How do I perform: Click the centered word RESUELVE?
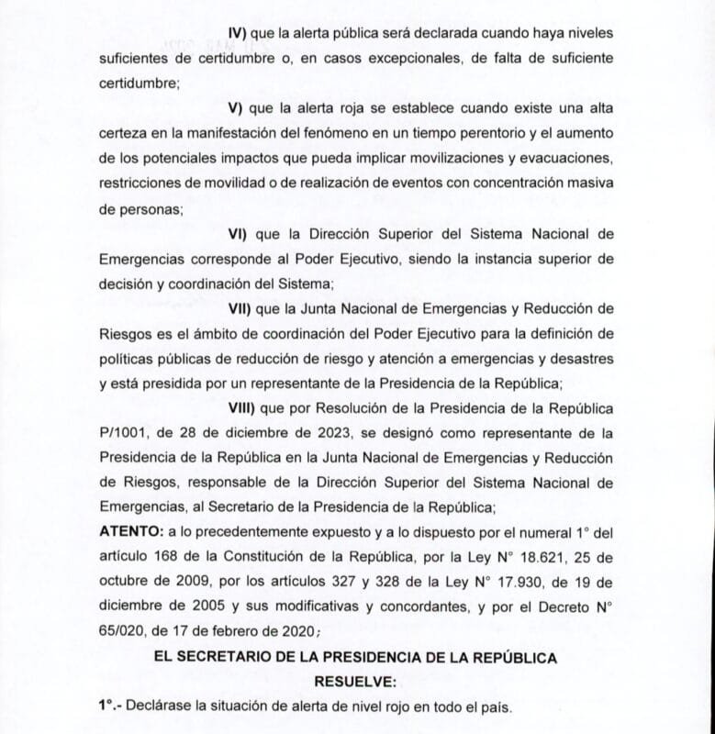point(356,683)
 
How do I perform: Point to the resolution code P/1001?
point(121,430)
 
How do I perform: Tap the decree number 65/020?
point(122,631)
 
